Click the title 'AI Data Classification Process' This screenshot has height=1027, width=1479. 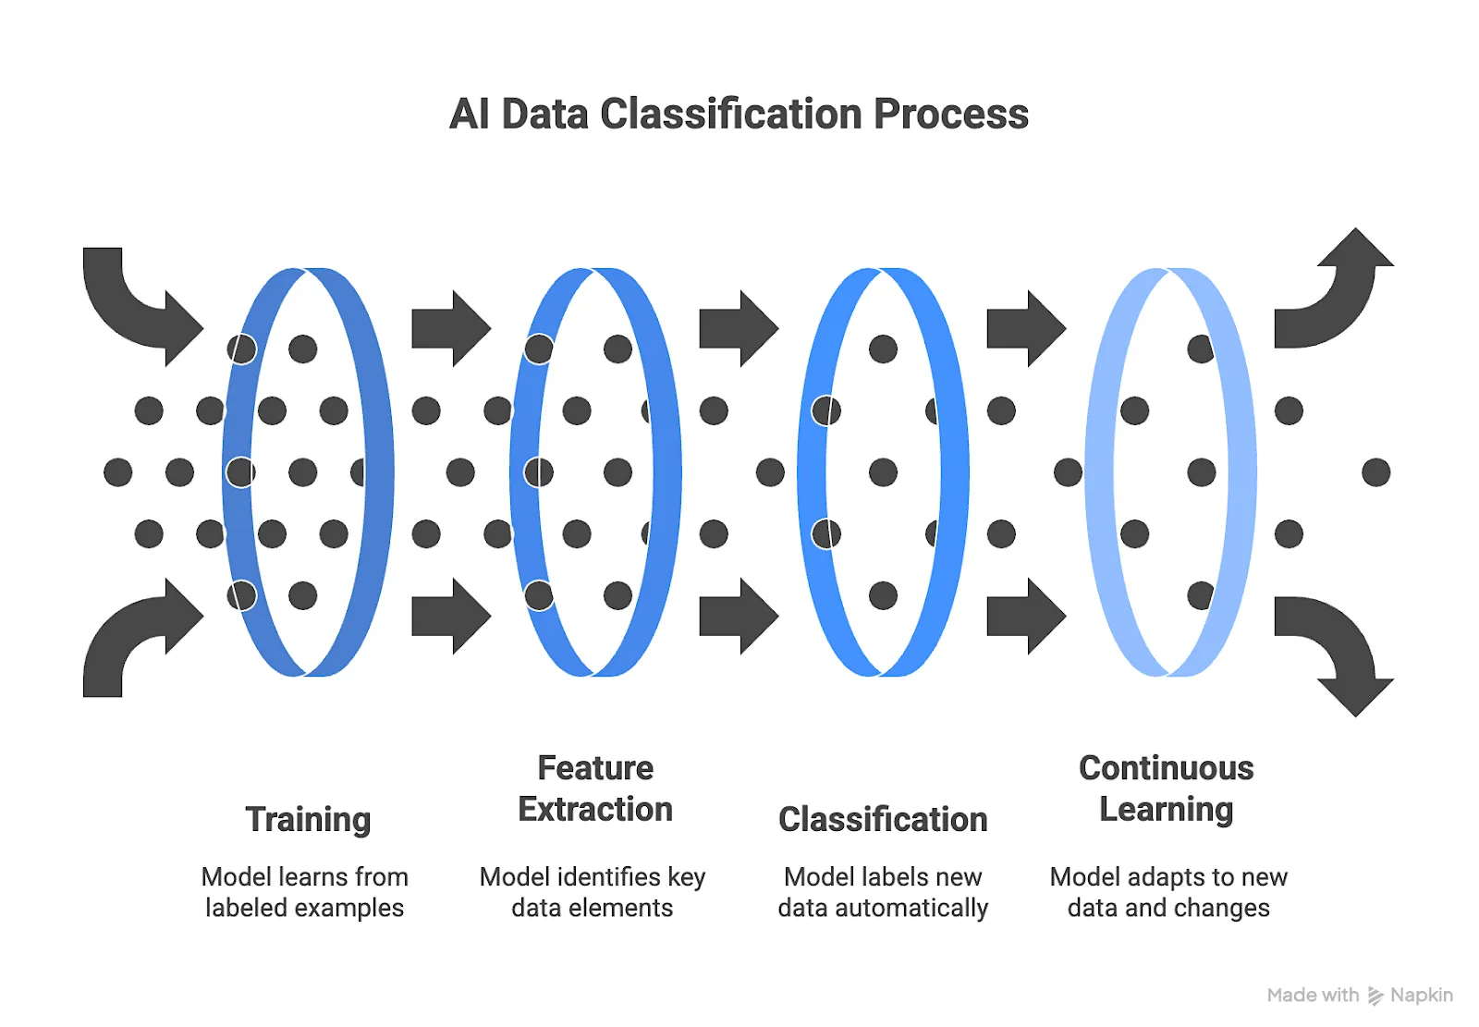[739, 115]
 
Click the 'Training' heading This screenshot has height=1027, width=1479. [308, 820]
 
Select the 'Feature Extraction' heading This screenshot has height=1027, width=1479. [595, 789]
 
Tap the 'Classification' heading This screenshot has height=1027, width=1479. [883, 820]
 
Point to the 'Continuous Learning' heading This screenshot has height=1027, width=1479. [1167, 789]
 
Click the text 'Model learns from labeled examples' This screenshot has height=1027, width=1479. [304, 892]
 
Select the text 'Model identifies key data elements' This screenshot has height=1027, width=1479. [593, 892]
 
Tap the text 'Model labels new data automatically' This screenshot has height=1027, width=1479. [883, 892]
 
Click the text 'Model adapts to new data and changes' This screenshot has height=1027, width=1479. [1168, 892]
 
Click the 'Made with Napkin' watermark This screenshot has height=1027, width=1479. [1360, 996]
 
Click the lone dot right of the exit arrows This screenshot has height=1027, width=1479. [1375, 472]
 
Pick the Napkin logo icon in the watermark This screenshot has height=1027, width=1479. [1375, 996]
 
